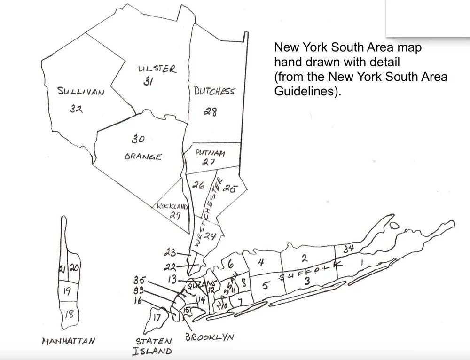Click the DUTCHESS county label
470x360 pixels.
pos(213,91)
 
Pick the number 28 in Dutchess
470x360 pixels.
pos(210,112)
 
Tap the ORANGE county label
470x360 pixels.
pos(143,157)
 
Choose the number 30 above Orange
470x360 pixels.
pos(137,140)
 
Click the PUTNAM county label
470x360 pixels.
pos(210,153)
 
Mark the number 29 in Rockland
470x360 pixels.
pos(175,215)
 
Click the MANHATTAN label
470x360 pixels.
pos(69,340)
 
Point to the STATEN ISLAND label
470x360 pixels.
pos(153,346)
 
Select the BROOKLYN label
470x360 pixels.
pos(209,337)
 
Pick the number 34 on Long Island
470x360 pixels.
pos(348,250)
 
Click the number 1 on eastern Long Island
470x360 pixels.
pos(361,264)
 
